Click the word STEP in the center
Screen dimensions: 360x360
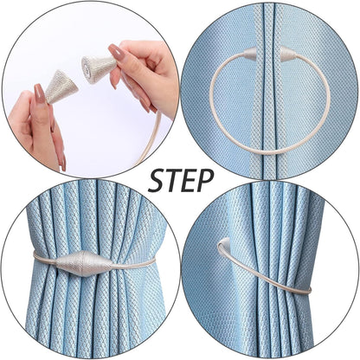pos(180,180)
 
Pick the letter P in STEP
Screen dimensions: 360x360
pos(206,180)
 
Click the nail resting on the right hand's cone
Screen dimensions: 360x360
pos(114,53)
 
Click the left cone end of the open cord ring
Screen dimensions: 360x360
pos(249,54)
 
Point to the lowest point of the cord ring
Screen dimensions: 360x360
pos(267,153)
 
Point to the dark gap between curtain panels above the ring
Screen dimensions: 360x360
pos(268,22)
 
